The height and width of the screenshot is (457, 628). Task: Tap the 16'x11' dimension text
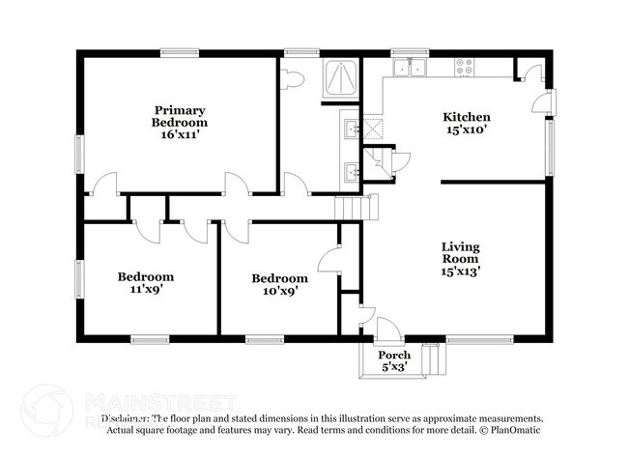[180, 135]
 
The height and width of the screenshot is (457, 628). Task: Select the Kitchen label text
[467, 117]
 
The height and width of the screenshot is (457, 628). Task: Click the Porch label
[393, 355]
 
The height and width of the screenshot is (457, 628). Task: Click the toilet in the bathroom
[294, 78]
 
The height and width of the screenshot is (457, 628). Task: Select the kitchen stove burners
[465, 67]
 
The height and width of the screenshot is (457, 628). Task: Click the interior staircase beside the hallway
[354, 207]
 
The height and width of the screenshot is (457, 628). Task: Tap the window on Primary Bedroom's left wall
[79, 154]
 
